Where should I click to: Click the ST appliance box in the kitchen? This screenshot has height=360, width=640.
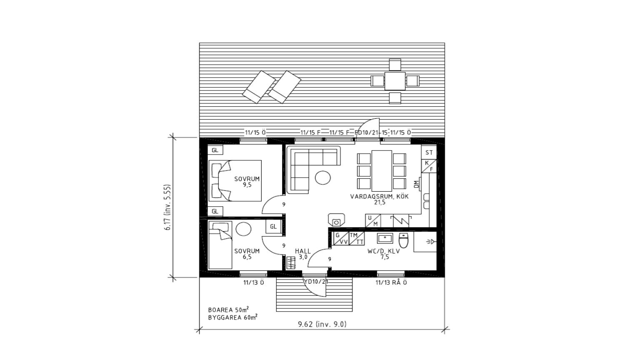(x=429, y=152)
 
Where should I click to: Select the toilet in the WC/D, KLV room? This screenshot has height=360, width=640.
(x=403, y=240)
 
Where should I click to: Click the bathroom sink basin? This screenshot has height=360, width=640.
(x=385, y=238)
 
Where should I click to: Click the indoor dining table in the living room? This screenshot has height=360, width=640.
(x=382, y=171)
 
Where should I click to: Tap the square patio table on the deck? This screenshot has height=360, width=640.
(x=395, y=81)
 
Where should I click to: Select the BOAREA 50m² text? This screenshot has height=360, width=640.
(x=229, y=310)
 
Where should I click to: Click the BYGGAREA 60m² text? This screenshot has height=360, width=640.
(x=233, y=317)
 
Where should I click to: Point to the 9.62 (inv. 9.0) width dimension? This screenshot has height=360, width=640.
(x=322, y=324)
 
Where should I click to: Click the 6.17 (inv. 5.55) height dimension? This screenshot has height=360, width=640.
(x=167, y=207)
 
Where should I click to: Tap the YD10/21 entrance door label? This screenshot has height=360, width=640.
(x=316, y=282)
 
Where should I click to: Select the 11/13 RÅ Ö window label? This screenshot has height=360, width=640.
(x=391, y=283)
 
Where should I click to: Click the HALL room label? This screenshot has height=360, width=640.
(x=303, y=251)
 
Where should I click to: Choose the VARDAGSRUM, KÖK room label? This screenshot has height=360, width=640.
(x=380, y=197)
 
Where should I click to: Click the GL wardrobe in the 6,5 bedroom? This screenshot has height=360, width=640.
(x=273, y=227)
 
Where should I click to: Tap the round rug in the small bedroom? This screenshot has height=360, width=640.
(x=244, y=229)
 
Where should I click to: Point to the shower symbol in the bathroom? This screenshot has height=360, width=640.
(x=430, y=242)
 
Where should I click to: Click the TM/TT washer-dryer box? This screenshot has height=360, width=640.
(x=357, y=239)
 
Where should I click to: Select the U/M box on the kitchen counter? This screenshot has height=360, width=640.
(x=373, y=221)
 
